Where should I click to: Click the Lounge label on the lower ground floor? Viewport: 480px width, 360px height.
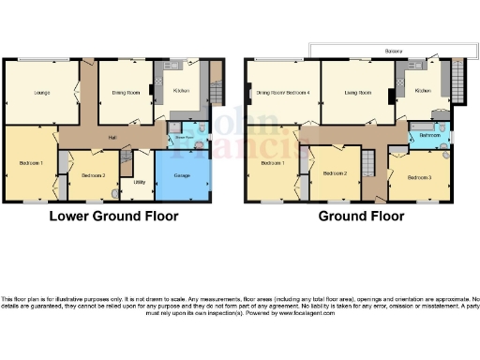pos(41,93)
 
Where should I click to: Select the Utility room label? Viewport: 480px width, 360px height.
pos(139,182)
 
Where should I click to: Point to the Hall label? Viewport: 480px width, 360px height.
pos(112,138)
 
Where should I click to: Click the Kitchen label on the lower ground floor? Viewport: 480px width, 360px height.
pos(182,91)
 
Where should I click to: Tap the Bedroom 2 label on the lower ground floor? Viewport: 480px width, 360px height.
pos(91,175)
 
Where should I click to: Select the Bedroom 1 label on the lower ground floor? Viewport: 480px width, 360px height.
pos(31,164)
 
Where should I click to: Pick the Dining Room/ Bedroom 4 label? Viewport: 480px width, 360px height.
pos(282,92)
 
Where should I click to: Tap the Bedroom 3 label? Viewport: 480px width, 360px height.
pos(416,175)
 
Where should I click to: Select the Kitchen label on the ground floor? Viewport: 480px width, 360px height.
pos(423,91)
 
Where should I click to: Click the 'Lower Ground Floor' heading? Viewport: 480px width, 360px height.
pos(113,216)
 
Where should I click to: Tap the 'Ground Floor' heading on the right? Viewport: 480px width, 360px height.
pos(361,216)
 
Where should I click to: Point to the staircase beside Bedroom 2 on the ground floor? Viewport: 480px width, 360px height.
pos(368,168)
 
